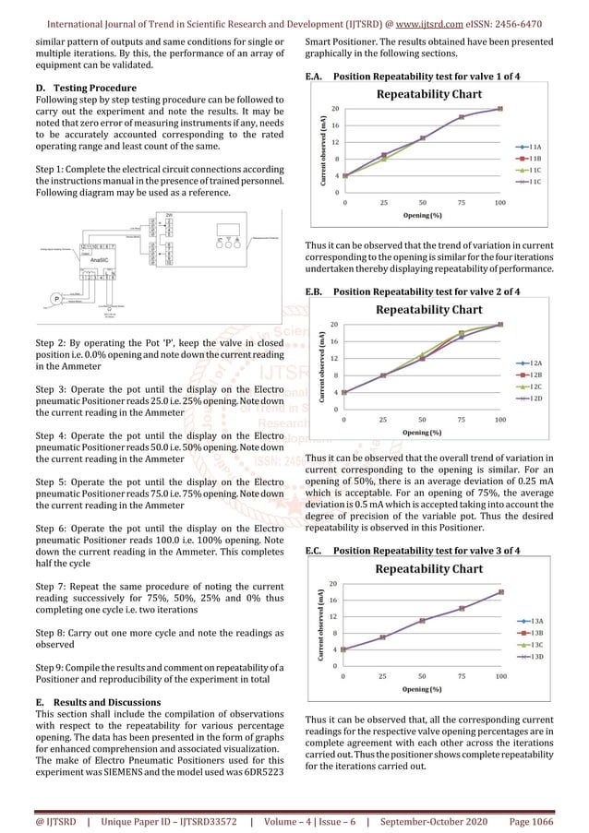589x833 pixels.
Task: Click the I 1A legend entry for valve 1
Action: coord(535,146)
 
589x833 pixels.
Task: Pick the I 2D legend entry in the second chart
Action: coord(535,399)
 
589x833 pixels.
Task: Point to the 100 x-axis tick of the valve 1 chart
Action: coord(499,202)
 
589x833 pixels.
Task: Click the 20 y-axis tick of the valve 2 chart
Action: coord(333,324)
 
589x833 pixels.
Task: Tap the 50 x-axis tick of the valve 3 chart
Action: coord(423,675)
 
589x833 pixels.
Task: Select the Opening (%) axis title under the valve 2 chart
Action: coord(422,432)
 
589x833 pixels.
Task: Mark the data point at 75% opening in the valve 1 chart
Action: coord(462,117)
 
